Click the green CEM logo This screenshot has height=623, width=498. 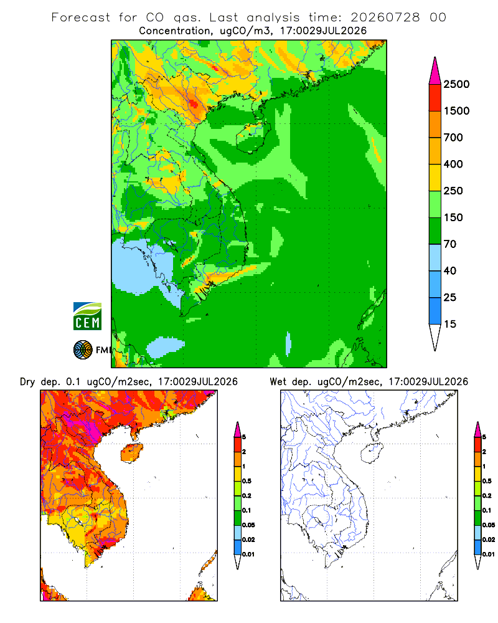point(87,316)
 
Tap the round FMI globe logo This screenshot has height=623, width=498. point(83,350)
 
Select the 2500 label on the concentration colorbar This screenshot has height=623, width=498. point(456,84)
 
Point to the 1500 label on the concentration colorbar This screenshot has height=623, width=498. point(456,111)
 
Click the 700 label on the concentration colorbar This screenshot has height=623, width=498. point(453,138)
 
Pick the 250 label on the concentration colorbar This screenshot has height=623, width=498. point(453,191)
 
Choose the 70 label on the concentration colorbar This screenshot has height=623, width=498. point(450,244)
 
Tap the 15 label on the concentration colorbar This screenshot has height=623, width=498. point(450,324)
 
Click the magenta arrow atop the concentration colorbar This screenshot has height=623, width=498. point(435,72)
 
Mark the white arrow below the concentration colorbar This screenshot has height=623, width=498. point(435,336)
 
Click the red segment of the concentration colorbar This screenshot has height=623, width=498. point(435,98)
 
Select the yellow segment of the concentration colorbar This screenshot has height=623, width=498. point(435,178)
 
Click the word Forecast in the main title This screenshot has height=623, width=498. point(81,17)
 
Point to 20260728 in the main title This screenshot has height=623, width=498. point(385,17)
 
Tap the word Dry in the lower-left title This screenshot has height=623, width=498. point(27,382)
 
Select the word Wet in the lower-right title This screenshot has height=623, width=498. point(278,382)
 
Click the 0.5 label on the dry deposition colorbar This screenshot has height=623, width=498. point(247,481)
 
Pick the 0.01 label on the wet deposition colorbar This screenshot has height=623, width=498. point(489,554)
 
